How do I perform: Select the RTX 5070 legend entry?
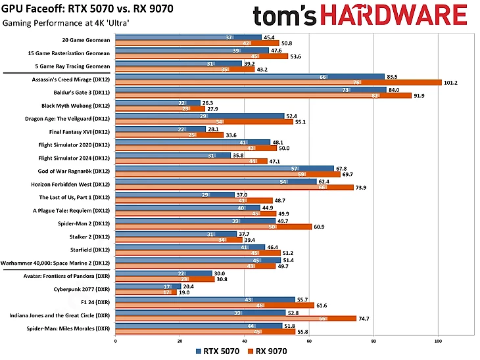(x=218, y=351)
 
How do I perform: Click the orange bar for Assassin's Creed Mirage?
(x=276, y=83)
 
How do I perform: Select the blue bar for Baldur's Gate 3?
(x=250, y=89)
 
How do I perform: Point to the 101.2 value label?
(x=451, y=83)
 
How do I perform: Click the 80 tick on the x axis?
(x=373, y=341)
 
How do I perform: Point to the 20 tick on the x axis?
(x=180, y=341)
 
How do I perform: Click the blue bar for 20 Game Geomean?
(x=188, y=37)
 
